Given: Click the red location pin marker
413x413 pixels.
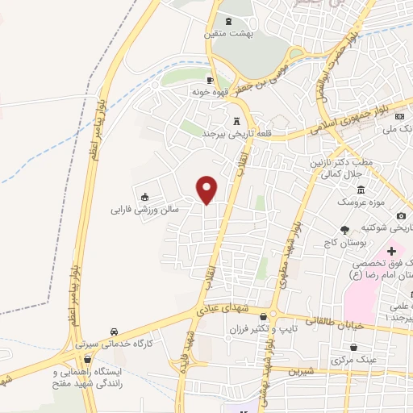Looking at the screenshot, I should [208, 189].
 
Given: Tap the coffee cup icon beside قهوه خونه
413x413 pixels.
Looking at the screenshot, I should [210, 80].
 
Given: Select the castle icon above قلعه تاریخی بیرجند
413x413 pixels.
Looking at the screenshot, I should [236, 122].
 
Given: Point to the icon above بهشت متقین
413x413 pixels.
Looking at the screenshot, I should [227, 22].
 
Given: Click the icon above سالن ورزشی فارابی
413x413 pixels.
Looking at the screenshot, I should [144, 196].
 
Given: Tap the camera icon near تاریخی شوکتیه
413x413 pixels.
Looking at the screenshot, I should [402, 215].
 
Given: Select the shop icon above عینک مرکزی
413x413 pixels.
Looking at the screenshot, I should [342, 347].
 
